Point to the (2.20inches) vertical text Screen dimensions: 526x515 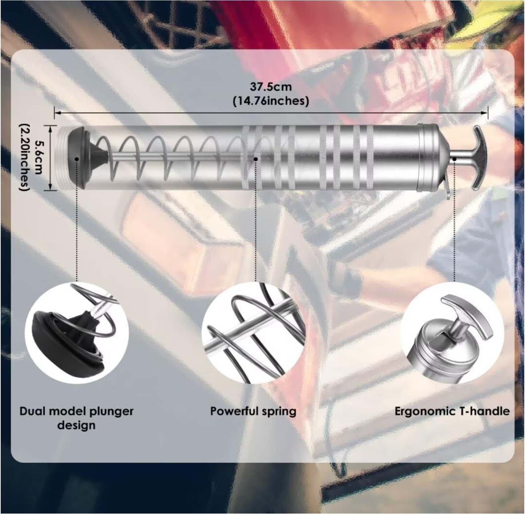click(24, 158)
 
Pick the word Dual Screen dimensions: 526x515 click(31, 412)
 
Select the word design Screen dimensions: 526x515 click(76, 426)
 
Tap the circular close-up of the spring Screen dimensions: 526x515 click(255, 333)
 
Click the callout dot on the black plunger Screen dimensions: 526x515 click(77, 159)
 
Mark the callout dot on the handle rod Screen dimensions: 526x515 click(454, 159)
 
